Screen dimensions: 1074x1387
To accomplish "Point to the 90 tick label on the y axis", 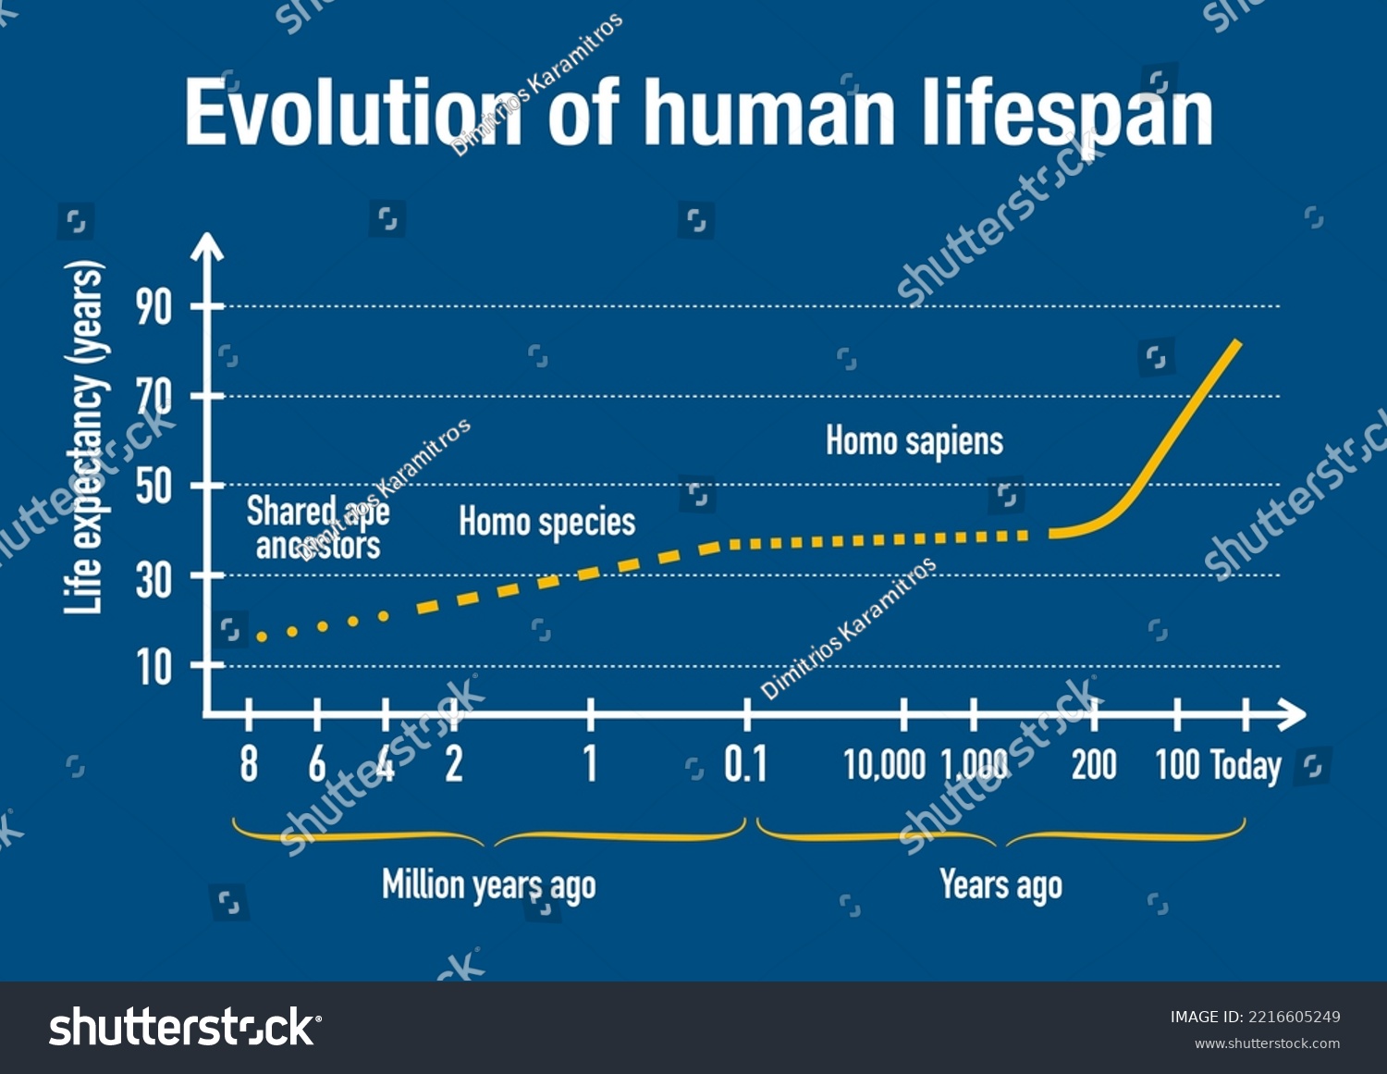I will (x=154, y=306).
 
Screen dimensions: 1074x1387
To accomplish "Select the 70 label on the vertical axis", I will (x=154, y=397).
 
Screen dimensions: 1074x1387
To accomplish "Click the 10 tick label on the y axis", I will (x=154, y=666).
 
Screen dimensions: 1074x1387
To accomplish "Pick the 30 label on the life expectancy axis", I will (x=154, y=576).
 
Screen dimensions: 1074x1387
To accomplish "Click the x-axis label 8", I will (x=249, y=765).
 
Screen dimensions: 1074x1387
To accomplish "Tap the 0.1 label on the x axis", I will (x=745, y=765).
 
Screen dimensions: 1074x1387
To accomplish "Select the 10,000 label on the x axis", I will (x=884, y=765).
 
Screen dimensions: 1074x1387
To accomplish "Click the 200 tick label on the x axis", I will (x=1094, y=765).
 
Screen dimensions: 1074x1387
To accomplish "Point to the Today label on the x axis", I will (x=1246, y=766).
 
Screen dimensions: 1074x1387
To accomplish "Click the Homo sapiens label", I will (x=914, y=441).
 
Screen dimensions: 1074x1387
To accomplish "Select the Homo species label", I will (x=546, y=523).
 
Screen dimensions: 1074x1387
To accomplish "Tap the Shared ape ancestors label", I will (x=318, y=528).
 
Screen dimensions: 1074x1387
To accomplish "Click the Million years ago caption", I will (x=489, y=885).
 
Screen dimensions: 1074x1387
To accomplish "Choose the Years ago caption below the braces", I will (x=1000, y=885).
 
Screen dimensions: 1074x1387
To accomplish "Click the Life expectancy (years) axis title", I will (x=83, y=438).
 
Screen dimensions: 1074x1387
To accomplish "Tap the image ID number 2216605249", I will (x=1295, y=1017).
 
